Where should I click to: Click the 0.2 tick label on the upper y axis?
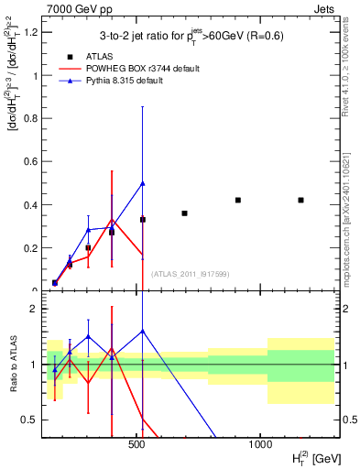point(29,247)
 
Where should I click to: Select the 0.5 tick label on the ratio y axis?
point(29,420)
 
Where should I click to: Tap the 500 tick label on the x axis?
point(136,443)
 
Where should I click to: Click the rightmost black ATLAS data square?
point(300,200)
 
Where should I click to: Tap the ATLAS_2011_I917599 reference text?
point(190,274)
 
